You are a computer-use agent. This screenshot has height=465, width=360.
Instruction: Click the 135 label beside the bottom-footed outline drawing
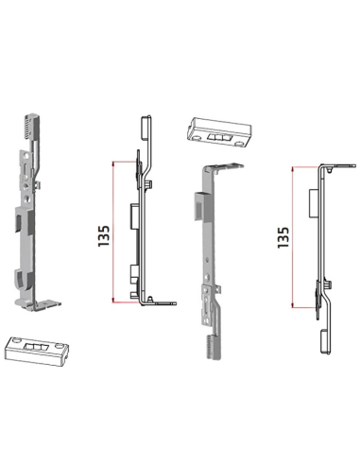[x=104, y=235]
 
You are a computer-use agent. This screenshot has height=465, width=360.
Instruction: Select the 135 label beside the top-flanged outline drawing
[x=283, y=237]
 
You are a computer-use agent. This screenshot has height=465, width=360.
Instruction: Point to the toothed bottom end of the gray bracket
[x=214, y=347]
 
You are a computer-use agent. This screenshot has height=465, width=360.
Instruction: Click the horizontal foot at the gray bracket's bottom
[x=48, y=304]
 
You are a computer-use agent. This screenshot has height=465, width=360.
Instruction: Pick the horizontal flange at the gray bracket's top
[x=224, y=167]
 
